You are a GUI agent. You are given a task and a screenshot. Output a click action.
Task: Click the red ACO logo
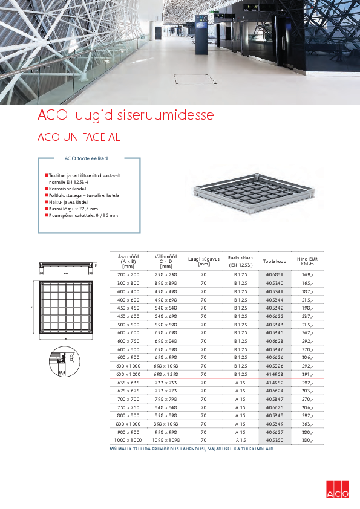(x=338, y=489)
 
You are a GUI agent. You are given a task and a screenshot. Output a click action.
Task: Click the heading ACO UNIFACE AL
(x=79, y=137)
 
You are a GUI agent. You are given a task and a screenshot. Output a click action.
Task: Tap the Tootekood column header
(x=274, y=261)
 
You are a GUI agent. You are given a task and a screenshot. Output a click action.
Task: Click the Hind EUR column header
(x=307, y=261)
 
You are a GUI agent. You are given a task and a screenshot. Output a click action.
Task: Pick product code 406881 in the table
(x=274, y=274)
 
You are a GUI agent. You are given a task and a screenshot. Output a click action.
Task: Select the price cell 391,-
(x=307, y=374)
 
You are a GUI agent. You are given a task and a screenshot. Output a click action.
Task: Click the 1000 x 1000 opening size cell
(x=128, y=441)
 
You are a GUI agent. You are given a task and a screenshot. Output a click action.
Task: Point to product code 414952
(x=274, y=383)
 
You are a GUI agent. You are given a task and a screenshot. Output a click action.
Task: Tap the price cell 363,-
(x=307, y=424)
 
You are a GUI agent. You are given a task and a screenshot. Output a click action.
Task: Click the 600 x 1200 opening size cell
(x=128, y=374)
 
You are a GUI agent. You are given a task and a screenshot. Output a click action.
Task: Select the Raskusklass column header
(x=240, y=261)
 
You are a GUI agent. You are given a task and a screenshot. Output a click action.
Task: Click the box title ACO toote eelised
(x=86, y=158)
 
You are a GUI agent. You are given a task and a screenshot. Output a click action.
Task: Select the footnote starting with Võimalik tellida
(x=191, y=449)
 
